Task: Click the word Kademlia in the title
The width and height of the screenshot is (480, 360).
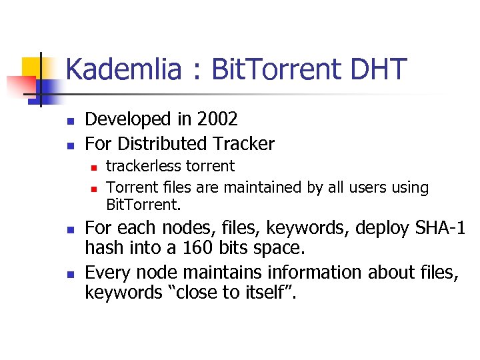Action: (x=123, y=69)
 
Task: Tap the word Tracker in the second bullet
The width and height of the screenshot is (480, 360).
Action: (x=243, y=143)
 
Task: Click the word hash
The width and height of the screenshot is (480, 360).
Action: (x=102, y=249)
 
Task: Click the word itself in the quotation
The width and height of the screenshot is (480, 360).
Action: (x=263, y=293)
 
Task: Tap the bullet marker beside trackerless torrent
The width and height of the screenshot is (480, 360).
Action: (x=95, y=167)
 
